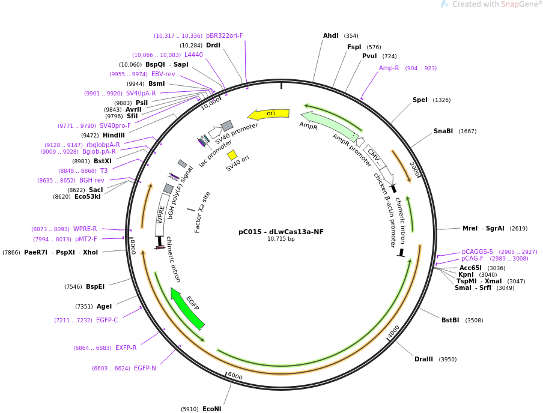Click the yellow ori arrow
tap(268, 114)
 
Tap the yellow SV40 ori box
tap(232, 155)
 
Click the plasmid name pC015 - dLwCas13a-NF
tap(281, 232)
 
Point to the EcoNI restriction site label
tap(211, 409)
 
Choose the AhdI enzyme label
tap(331, 35)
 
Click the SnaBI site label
tap(443, 131)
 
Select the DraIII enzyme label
tap(423, 359)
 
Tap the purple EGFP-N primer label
tap(145, 368)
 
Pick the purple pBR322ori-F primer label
tap(225, 35)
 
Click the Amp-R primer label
tap(389, 68)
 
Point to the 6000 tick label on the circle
tap(235, 376)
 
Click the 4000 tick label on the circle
tap(393, 331)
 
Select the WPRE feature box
tap(160, 214)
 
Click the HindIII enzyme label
tap(114, 135)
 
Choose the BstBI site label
tap(450, 320)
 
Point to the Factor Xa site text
tap(202, 213)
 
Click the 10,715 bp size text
tap(281, 239)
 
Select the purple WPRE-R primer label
tap(85, 229)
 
